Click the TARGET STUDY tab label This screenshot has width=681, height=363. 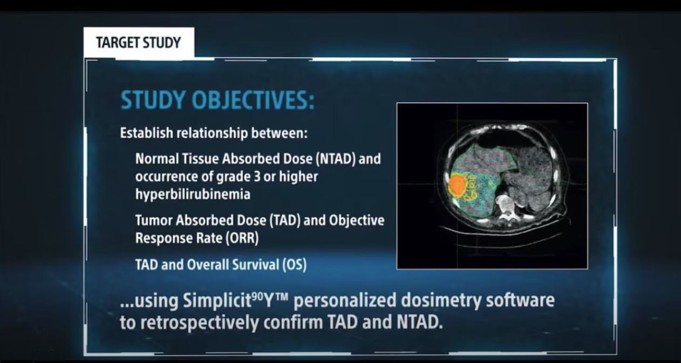(138, 43)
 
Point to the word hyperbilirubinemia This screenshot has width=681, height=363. (193, 194)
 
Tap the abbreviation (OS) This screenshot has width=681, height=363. (294, 265)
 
